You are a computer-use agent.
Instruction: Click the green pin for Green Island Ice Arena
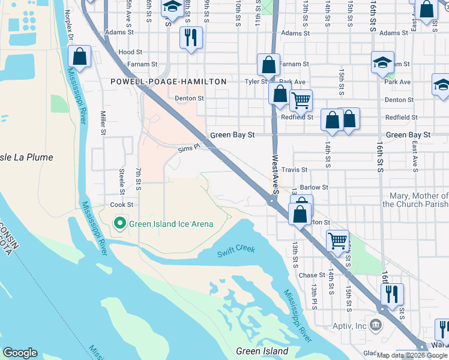(120, 224)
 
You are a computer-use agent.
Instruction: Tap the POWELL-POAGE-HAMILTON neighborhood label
(169, 82)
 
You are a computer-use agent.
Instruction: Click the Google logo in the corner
(20, 353)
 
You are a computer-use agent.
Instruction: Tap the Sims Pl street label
(187, 148)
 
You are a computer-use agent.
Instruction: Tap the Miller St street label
(103, 122)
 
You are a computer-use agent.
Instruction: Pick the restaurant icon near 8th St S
(191, 38)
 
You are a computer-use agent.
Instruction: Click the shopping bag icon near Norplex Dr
(79, 57)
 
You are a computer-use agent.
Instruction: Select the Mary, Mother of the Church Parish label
(415, 200)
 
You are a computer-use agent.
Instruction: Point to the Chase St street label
(312, 275)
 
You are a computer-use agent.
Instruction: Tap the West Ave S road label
(276, 174)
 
